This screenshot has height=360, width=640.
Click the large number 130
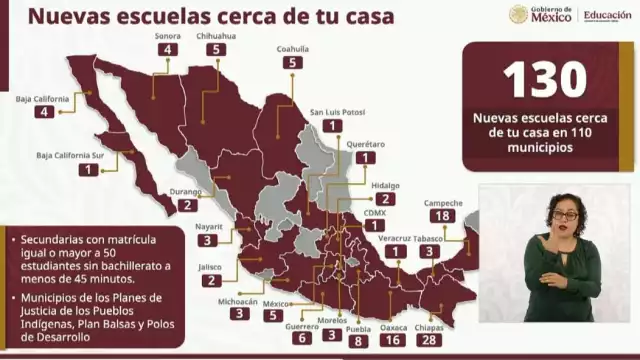pos(544,81)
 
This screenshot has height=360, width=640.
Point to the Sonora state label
pos(168,36)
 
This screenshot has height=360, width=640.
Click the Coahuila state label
pos(292,48)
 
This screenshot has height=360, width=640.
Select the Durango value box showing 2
pos(187,204)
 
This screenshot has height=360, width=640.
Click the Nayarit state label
pos(208,227)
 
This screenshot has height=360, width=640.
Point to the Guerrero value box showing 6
pos(300,338)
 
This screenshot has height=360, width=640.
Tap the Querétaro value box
pos(366,158)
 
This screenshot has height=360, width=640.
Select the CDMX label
pos(375,211)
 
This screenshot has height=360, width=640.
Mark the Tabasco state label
pos(429,238)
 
